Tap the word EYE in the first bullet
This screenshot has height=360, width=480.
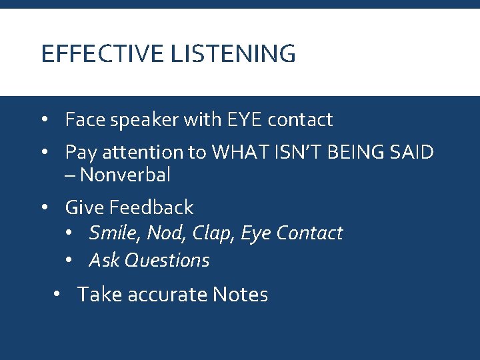tap(239, 120)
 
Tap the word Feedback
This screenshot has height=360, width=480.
tap(151, 207)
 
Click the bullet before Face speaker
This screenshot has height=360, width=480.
tap(44, 120)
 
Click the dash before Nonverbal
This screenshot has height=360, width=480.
tap(70, 176)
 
